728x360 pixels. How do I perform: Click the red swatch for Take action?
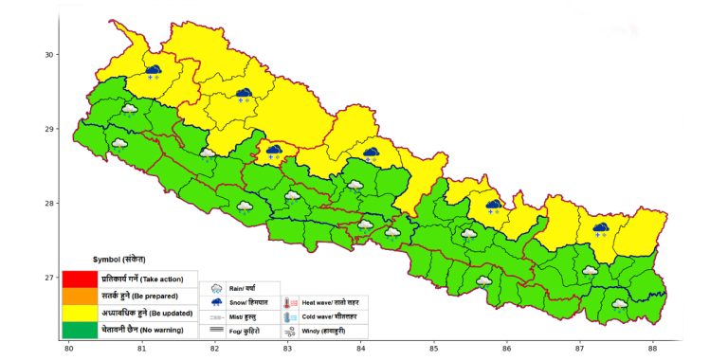pos(80,279)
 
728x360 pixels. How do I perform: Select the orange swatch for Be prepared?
pos(80,296)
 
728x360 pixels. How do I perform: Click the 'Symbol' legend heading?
pos(119,259)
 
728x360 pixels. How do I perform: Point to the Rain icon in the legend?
pos(216,287)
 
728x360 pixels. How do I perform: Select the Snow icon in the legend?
pos(216,301)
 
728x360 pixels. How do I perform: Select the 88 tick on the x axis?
pos(652,349)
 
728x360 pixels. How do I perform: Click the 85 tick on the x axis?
pos(433,349)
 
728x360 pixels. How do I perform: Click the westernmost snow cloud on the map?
pos(153,71)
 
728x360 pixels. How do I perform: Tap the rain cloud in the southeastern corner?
pos(619,304)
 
